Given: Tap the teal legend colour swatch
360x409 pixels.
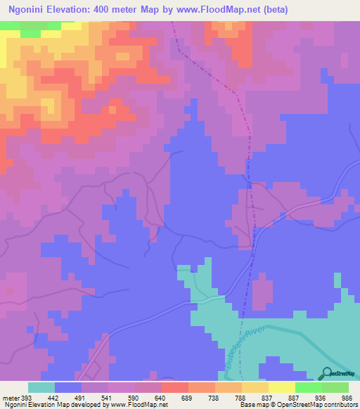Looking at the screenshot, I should [41, 387].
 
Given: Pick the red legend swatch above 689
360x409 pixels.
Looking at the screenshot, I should [175, 387].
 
